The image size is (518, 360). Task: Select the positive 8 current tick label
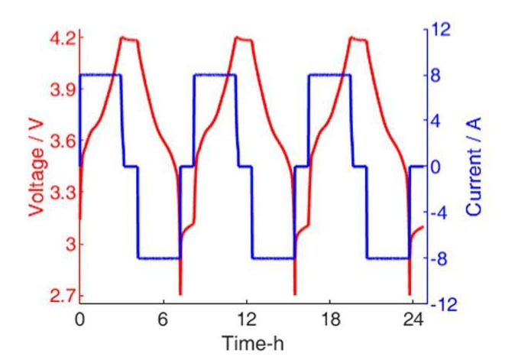[x=437, y=76]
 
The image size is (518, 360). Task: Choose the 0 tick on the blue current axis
[x=437, y=167]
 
